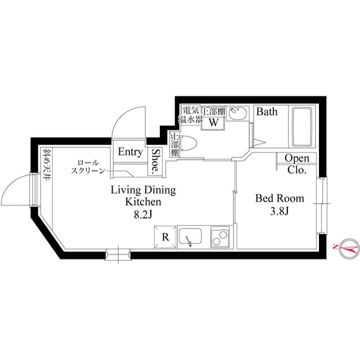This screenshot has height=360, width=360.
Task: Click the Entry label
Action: (x=130, y=152)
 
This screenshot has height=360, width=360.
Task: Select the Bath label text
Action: (x=267, y=112)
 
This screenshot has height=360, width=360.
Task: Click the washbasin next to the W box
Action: (x=237, y=116)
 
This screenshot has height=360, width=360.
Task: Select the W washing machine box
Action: (x=214, y=121)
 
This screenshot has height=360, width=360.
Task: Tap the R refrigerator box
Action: (x=165, y=237)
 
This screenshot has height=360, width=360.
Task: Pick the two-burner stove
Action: (x=220, y=237)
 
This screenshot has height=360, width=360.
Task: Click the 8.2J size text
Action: (x=143, y=214)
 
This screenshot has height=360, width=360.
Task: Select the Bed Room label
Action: (x=280, y=199)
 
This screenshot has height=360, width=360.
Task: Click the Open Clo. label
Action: (x=296, y=163)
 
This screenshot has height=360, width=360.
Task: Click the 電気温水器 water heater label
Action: (x=188, y=115)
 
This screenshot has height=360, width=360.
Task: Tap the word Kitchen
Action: (x=143, y=201)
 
